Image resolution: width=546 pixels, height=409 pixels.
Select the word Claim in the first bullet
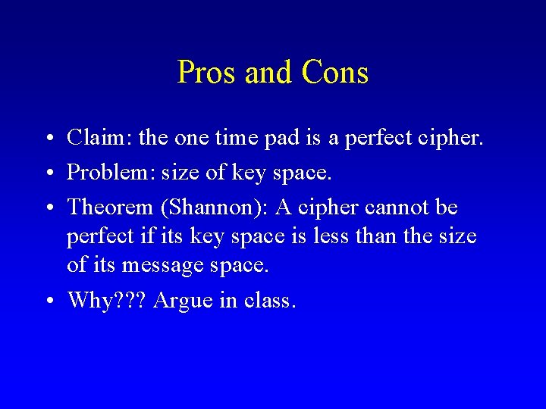click(x=90, y=138)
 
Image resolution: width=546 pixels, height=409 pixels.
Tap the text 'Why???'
click(x=107, y=301)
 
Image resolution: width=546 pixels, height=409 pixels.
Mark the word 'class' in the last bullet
click(x=266, y=301)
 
